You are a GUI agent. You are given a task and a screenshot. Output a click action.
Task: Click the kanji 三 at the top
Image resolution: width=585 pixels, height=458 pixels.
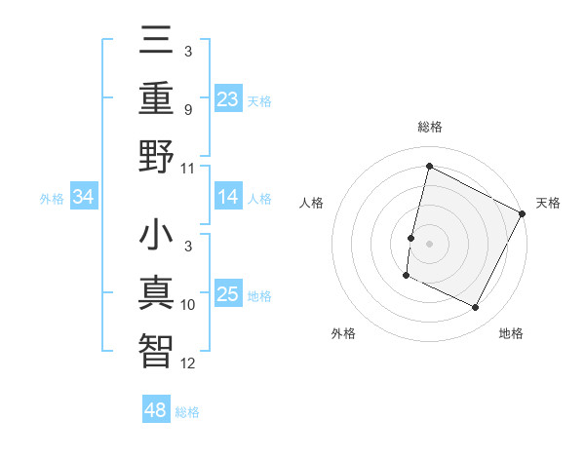pyautogui.click(x=157, y=41)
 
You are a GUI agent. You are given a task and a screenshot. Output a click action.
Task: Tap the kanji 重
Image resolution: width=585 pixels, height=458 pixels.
pyautogui.click(x=157, y=98)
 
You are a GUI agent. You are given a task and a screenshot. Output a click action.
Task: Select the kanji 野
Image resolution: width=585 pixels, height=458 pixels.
pyautogui.click(x=157, y=157)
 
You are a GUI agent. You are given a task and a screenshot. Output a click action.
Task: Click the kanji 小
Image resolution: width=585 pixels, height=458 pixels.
pyautogui.click(x=157, y=236)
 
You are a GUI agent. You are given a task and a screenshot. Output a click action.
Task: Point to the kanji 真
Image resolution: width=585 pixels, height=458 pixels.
pyautogui.click(x=157, y=293)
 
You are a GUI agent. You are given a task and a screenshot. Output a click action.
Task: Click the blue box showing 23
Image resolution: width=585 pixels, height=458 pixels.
pyautogui.click(x=228, y=98)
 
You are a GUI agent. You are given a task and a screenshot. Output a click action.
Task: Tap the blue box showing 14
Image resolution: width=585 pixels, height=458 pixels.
pyautogui.click(x=228, y=197)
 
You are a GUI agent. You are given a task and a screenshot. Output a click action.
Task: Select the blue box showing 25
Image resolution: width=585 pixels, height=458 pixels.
pyautogui.click(x=228, y=294)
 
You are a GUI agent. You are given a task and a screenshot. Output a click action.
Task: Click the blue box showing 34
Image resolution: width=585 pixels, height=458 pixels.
pyautogui.click(x=84, y=197)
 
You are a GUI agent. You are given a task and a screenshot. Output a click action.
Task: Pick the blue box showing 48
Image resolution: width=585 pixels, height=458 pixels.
pyautogui.click(x=156, y=410)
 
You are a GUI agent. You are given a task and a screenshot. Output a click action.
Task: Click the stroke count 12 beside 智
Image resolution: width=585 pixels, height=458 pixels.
pyautogui.click(x=188, y=363)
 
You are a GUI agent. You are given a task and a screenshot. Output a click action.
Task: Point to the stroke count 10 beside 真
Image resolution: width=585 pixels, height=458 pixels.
pyautogui.click(x=188, y=305)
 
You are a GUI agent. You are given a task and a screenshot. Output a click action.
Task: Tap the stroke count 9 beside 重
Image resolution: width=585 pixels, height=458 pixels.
pyautogui.click(x=188, y=109)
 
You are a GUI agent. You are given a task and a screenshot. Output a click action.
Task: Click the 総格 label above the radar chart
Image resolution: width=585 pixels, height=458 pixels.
pyautogui.click(x=430, y=127)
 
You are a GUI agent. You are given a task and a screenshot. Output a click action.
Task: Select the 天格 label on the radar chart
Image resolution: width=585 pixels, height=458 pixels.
pyautogui.click(x=549, y=203)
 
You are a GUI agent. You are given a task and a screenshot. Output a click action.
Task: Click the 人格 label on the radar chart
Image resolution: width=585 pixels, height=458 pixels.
pyautogui.click(x=311, y=203)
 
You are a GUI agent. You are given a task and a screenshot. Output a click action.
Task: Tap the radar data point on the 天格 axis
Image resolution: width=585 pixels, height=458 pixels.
pyautogui.click(x=523, y=213)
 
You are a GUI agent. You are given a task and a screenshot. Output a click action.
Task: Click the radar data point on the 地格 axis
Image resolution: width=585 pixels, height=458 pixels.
pyautogui.click(x=476, y=308)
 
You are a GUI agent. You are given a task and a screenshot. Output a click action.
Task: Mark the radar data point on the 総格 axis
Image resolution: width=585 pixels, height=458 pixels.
pyautogui.click(x=429, y=167)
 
